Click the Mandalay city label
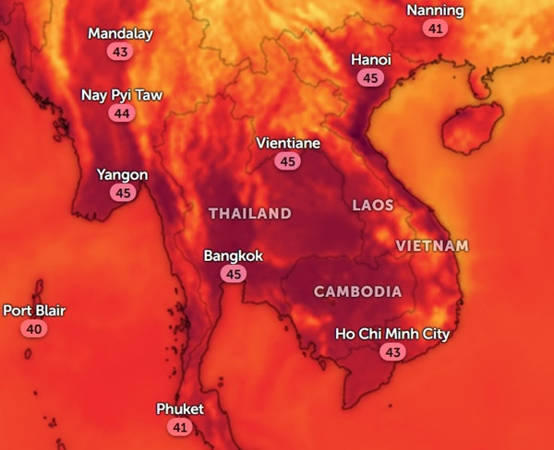[120, 34]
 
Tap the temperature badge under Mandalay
[120, 52]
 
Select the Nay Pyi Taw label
[120, 95]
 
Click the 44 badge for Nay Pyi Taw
[120, 113]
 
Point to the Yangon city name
[122, 174]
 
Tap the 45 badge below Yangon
[122, 193]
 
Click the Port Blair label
[34, 311]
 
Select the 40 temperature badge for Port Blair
[34, 329]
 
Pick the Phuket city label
[180, 409]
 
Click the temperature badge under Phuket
[179, 427]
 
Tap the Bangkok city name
[234, 255]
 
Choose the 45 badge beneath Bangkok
[234, 274]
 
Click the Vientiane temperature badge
[288, 161]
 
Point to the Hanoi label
[371, 60]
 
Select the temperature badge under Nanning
[436, 29]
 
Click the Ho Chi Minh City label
[392, 334]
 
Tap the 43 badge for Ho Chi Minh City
[392, 352]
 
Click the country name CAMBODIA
[357, 291]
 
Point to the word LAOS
[373, 205]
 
